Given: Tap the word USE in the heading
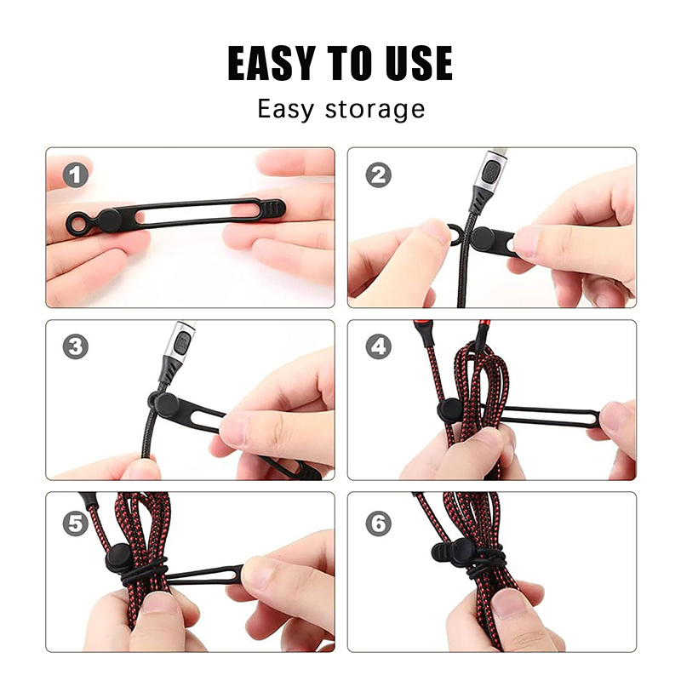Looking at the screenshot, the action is [x=419, y=63].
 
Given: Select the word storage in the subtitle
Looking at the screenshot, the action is [x=375, y=110].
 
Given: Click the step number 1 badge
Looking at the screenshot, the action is [x=76, y=175].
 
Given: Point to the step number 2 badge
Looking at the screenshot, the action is [x=378, y=175].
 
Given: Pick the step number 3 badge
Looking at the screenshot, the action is [x=76, y=346].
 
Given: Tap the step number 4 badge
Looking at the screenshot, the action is [x=378, y=346].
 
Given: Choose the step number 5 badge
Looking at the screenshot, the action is [x=76, y=524].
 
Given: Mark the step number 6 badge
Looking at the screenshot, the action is [x=378, y=524].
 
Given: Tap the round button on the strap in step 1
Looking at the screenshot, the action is [x=111, y=220].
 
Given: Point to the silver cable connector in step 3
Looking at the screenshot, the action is [x=180, y=345].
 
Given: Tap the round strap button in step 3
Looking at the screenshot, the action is [x=168, y=405].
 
